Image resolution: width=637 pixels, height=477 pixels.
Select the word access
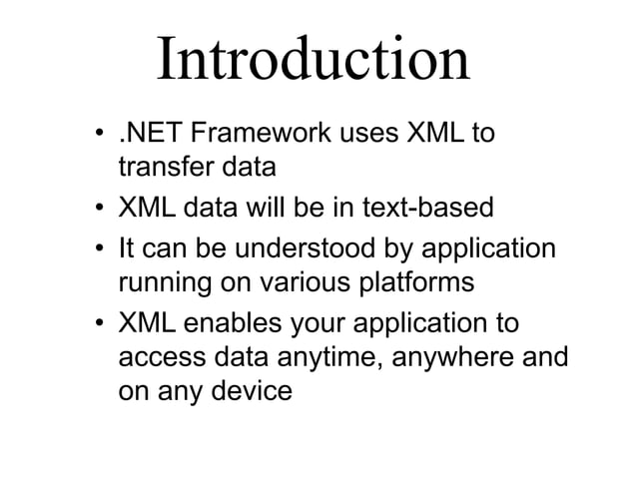pyautogui.click(x=156, y=357)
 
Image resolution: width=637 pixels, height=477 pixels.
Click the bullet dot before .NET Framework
pyautogui.click(x=100, y=137)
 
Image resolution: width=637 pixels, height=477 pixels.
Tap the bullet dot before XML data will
pyautogui.click(x=100, y=211)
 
